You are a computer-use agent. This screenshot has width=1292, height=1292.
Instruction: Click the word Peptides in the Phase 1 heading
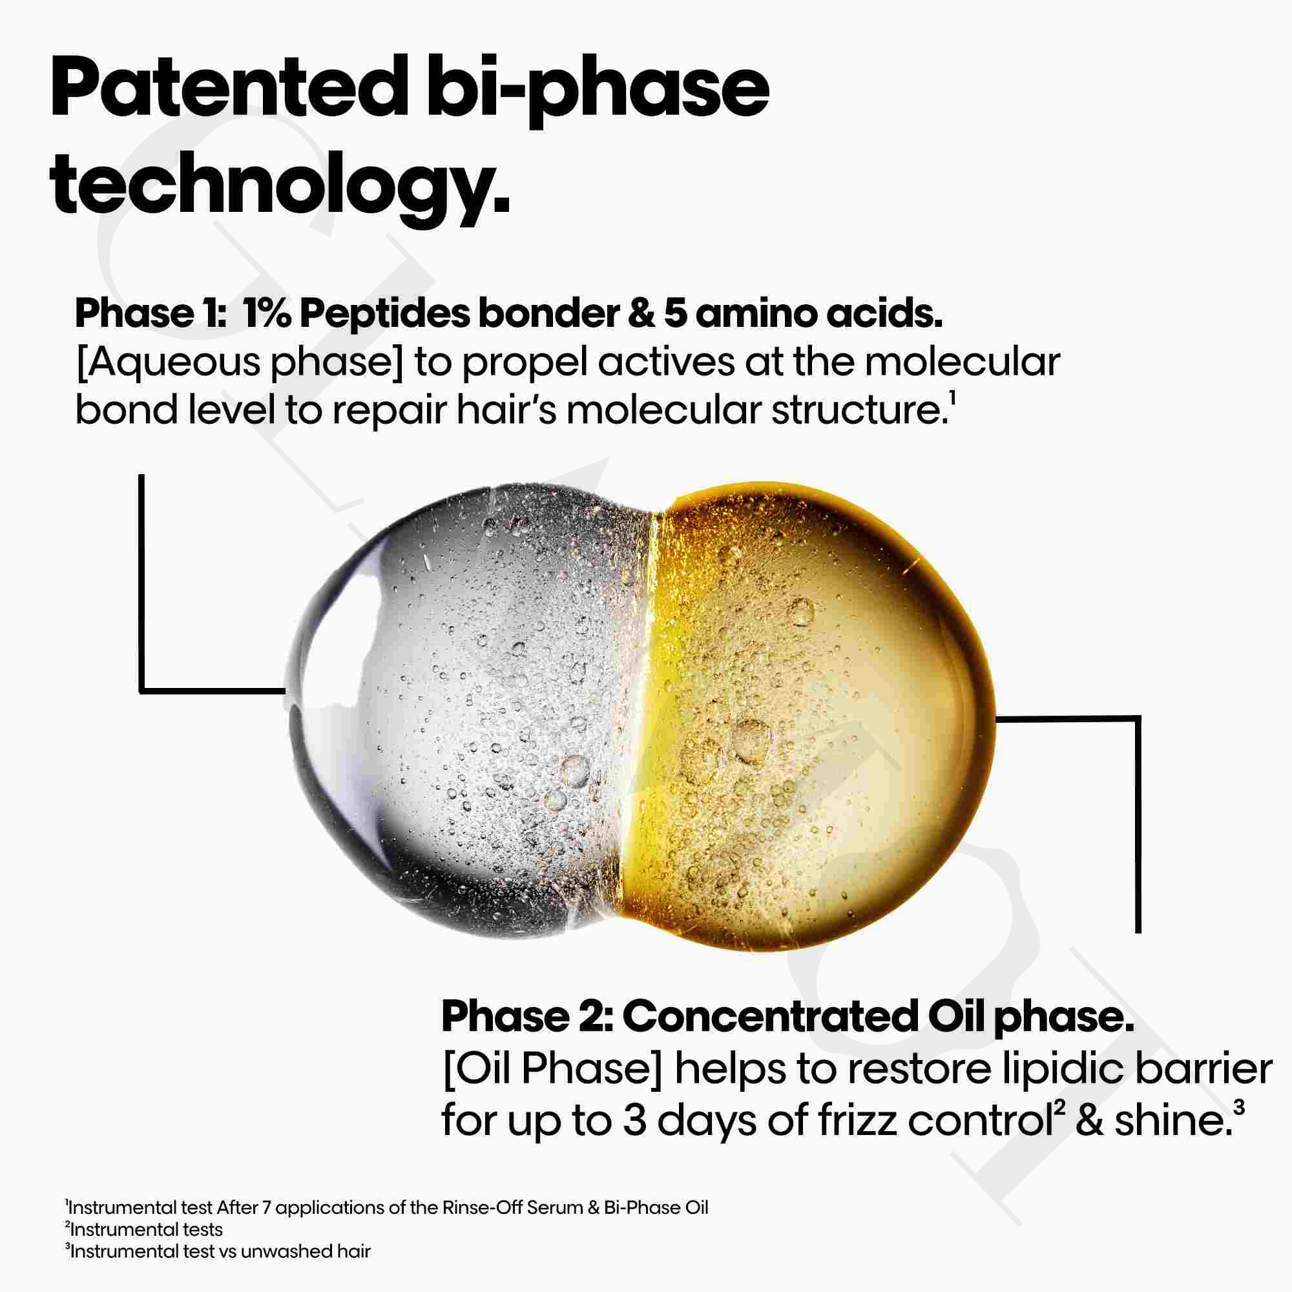(384, 315)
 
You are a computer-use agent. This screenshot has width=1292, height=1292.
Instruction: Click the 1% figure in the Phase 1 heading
(266, 315)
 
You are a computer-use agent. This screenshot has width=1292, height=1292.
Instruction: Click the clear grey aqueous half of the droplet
(461, 709)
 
